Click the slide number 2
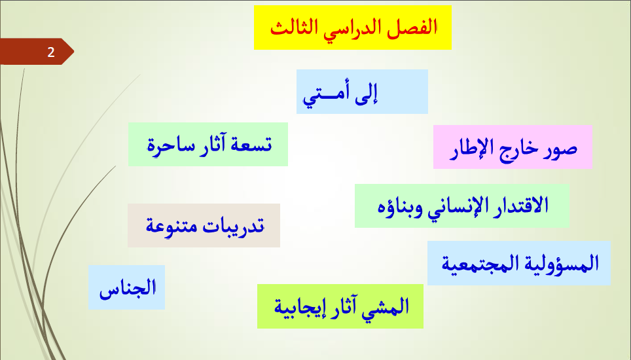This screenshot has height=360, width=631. pos(50,52)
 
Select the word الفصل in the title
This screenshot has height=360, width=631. pos(412,27)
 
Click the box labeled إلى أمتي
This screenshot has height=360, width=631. pos(362,92)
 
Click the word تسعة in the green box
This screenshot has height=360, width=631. pos(252,145)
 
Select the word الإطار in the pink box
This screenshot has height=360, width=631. pos(469,148)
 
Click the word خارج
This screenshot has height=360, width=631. pos(518,149)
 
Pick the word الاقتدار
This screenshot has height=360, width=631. pos(524,205)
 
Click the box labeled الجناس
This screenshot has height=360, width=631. pos(127,287)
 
